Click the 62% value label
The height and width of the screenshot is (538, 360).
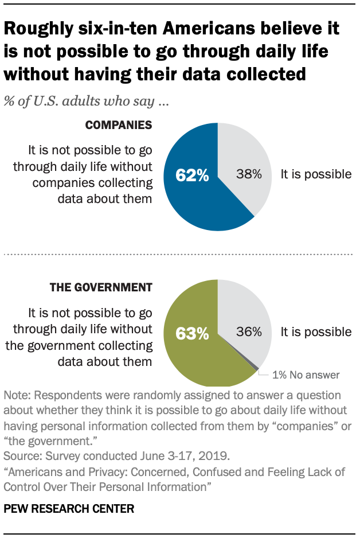point(192,176)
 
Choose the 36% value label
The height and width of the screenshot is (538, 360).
point(249,332)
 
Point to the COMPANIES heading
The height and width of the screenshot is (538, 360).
point(119,125)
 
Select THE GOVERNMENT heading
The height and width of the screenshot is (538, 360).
point(101,287)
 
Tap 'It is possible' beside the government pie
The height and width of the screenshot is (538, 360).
point(315,332)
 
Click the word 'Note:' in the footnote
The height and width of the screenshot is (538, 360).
point(16,396)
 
